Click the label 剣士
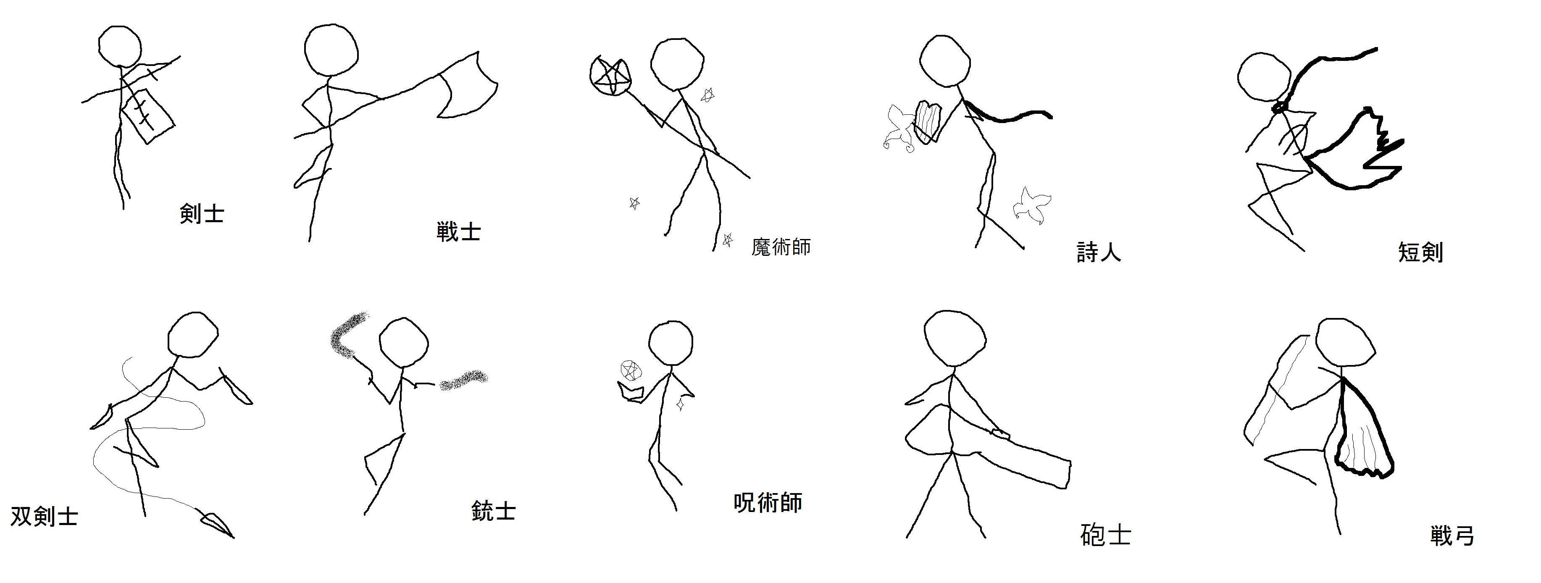[202, 213]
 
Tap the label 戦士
[459, 231]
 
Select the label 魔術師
[781, 247]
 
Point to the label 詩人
[1098, 252]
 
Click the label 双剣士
[44, 516]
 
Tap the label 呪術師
[768, 503]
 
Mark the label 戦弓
[1452, 535]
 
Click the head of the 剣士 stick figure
[120, 47]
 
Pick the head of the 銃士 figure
[404, 343]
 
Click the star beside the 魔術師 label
[727, 240]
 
